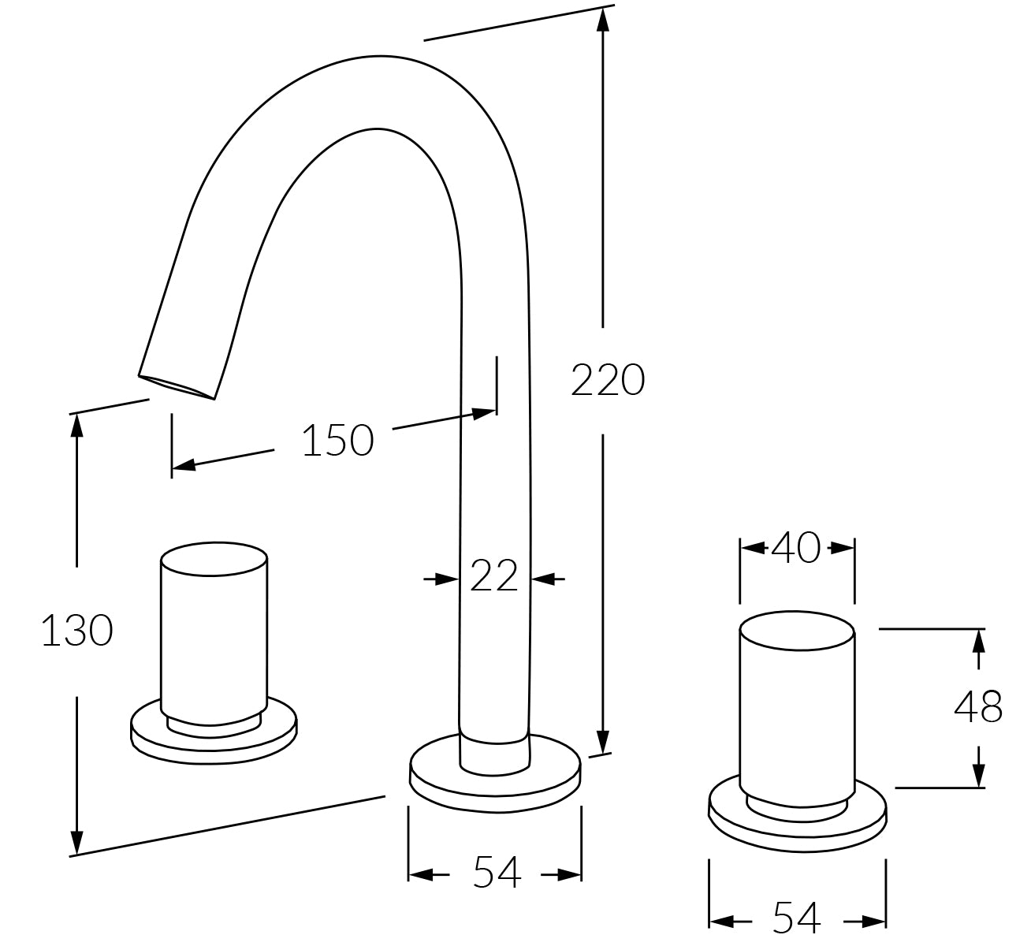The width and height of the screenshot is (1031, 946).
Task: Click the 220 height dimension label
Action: (608, 380)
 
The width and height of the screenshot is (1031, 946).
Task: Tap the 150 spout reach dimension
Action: (337, 440)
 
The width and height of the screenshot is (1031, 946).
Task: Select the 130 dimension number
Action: (76, 631)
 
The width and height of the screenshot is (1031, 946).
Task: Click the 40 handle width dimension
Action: (796, 547)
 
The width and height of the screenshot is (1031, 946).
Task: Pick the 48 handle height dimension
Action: (978, 707)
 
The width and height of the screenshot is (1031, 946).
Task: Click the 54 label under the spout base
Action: (497, 873)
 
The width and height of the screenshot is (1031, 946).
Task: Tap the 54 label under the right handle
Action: (797, 917)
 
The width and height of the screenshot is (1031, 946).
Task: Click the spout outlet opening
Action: (178, 385)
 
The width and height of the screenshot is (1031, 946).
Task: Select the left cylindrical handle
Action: (214, 631)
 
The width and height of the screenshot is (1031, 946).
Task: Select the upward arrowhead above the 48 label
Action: (978, 639)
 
